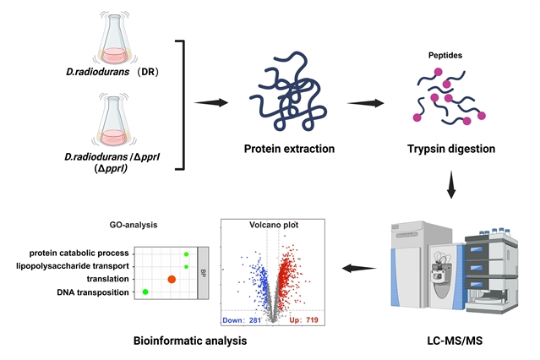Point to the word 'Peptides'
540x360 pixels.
445,57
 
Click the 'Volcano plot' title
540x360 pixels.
270,226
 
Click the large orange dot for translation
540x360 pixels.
172,279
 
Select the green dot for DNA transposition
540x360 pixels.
145,292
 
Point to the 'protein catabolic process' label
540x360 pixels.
79,253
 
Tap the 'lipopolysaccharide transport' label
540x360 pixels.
72,265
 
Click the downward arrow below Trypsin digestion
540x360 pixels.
450,188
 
